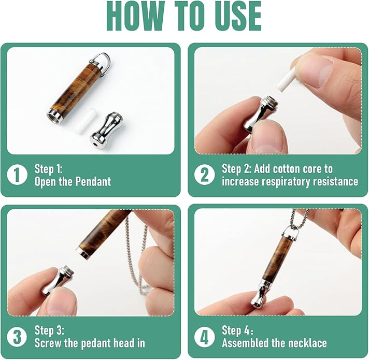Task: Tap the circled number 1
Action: coord(17,175)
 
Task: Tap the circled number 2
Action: coord(204,175)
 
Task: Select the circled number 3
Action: coord(17,337)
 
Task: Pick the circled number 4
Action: coord(204,337)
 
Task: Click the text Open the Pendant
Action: coord(73,182)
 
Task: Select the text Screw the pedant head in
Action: coord(90,343)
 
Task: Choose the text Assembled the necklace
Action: coord(275,343)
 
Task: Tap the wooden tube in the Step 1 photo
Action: coord(75,91)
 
